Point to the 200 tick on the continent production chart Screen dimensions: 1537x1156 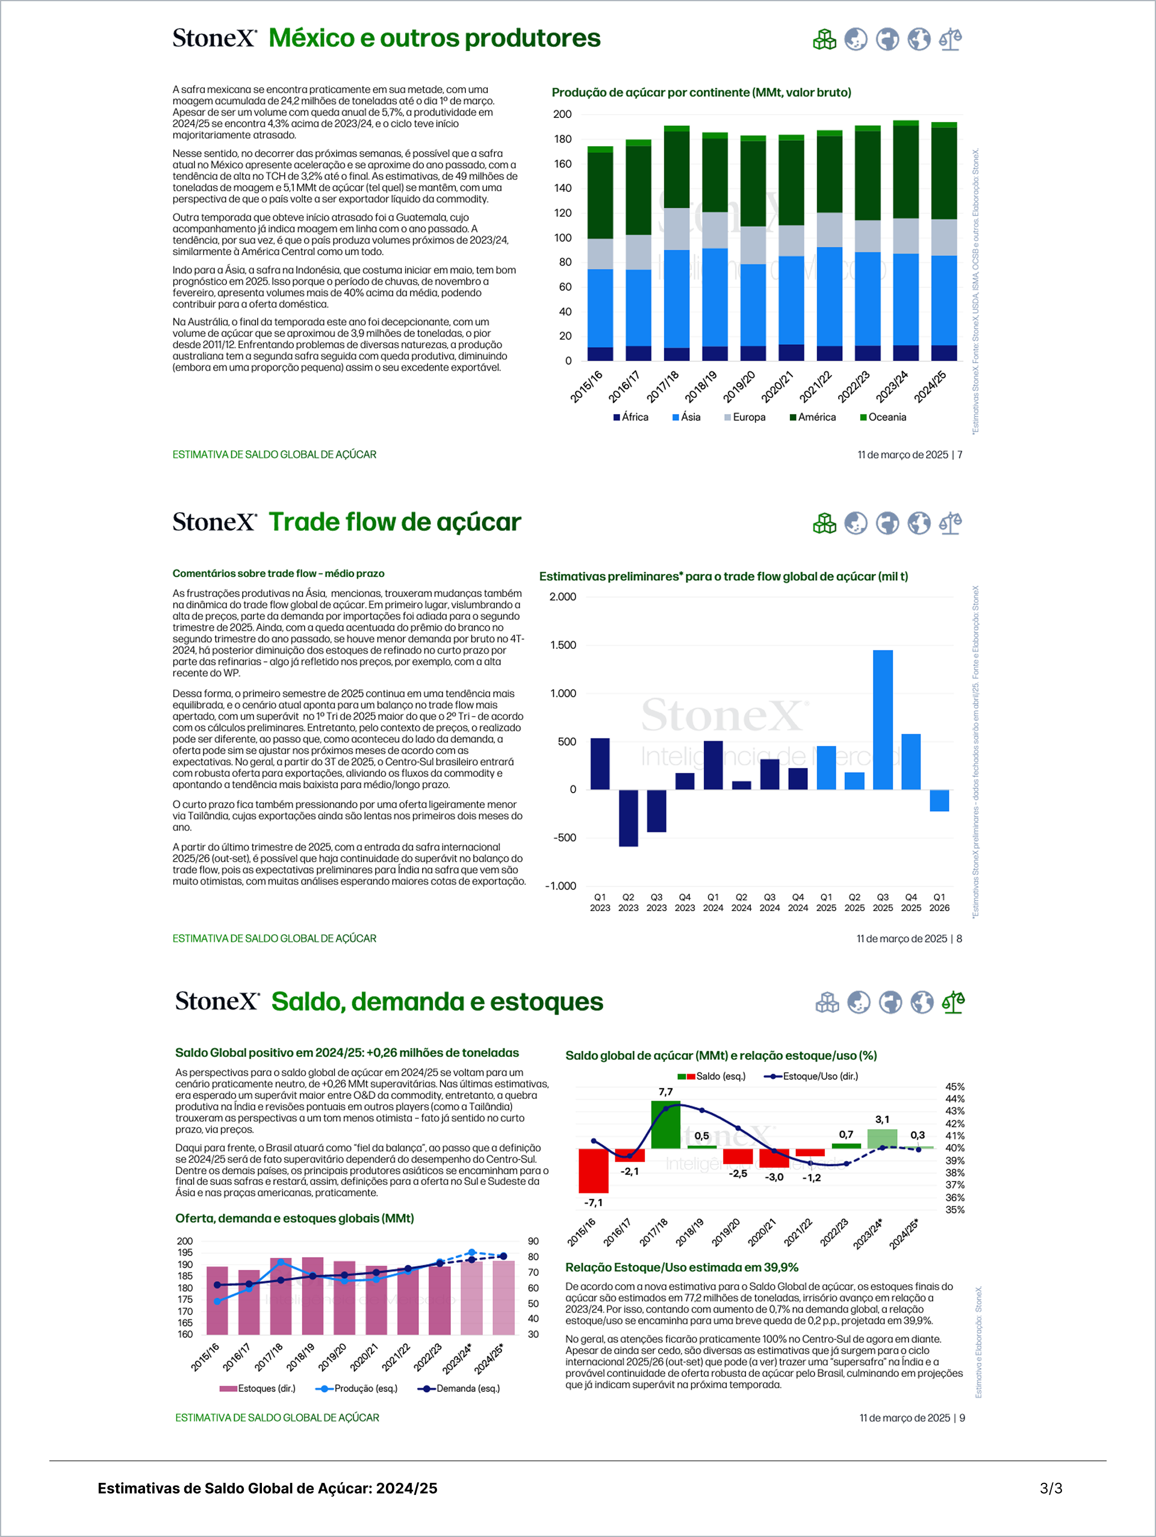pyautogui.click(x=562, y=114)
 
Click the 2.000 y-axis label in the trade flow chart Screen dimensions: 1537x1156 pyautogui.click(x=562, y=597)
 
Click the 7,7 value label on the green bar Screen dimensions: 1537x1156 pyautogui.click(x=665, y=1092)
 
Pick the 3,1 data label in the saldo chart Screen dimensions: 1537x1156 pyautogui.click(x=882, y=1119)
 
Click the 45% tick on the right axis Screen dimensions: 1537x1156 pyautogui.click(x=954, y=1087)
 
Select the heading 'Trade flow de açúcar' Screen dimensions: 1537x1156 pyautogui.click(x=394, y=522)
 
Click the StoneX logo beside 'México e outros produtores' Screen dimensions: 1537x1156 pyautogui.click(x=214, y=37)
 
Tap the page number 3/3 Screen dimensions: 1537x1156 pyautogui.click(x=1051, y=1488)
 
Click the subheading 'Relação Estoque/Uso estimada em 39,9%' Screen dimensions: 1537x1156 pyautogui.click(x=681, y=1267)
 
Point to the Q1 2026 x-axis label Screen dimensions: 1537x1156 pyautogui.click(x=939, y=902)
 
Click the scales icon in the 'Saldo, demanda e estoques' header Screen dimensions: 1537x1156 pyautogui.click(x=953, y=1002)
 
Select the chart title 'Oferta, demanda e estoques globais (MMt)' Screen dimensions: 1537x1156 pyautogui.click(x=295, y=1218)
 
